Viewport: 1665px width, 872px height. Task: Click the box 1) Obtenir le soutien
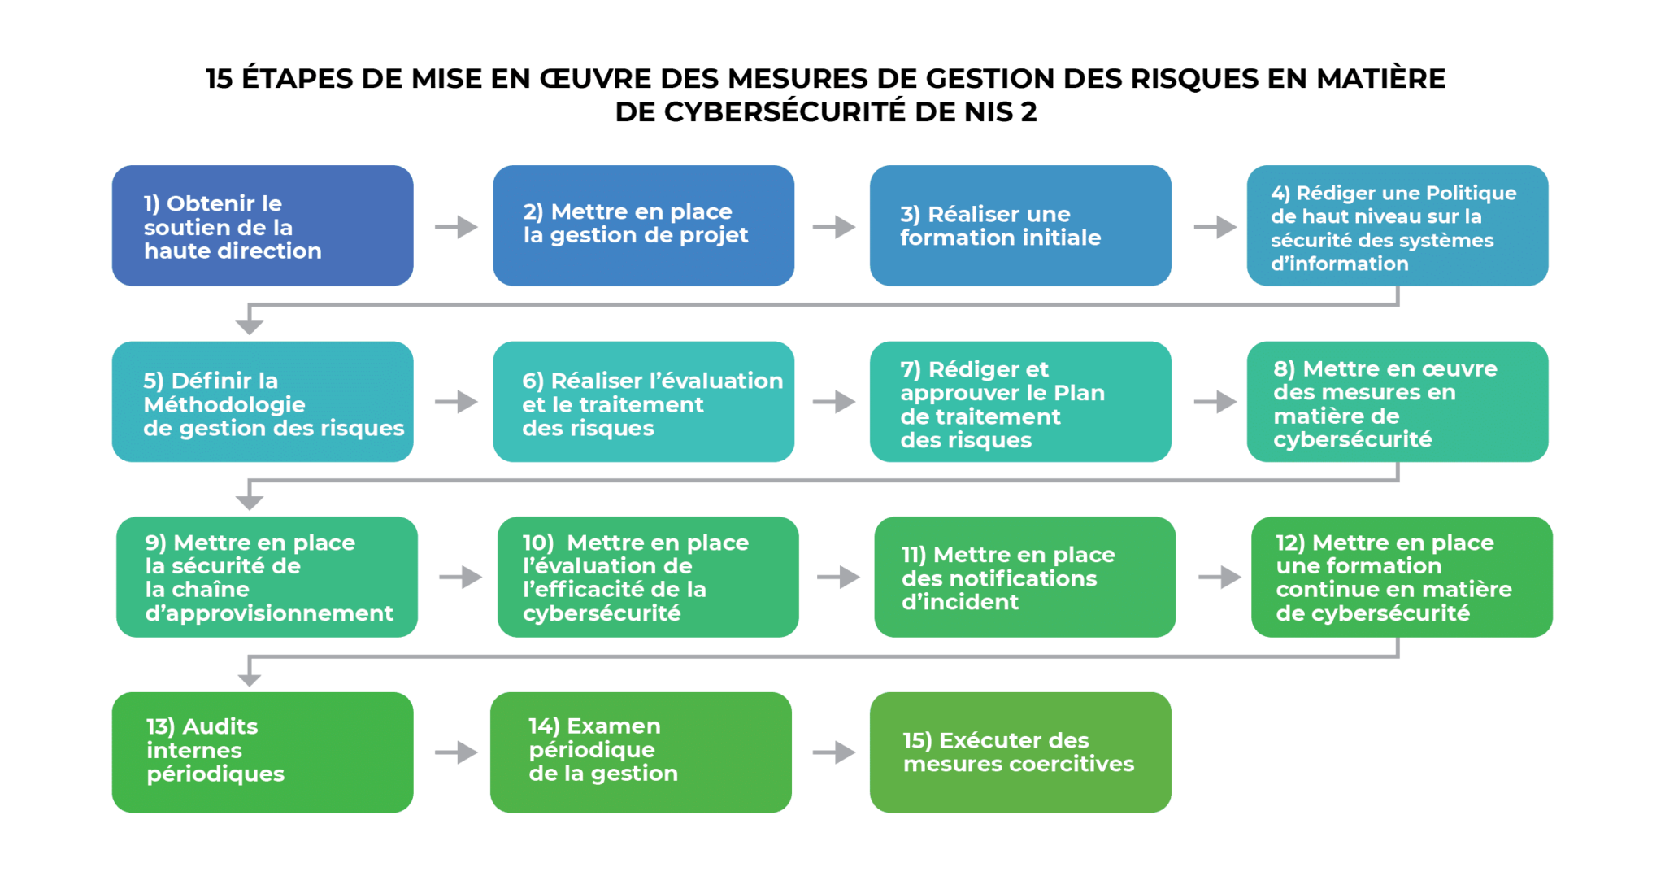click(x=262, y=226)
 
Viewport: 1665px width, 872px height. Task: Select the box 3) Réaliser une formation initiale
click(x=1019, y=226)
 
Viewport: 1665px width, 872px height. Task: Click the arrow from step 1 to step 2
click(x=455, y=227)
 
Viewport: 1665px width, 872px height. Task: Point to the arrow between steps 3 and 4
click(x=1215, y=227)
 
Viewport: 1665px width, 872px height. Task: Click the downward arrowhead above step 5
click(x=250, y=325)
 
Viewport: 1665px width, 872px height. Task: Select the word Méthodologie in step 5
click(x=224, y=404)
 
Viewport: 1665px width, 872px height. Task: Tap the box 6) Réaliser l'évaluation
click(x=643, y=402)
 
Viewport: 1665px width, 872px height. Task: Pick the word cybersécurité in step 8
click(x=1352, y=439)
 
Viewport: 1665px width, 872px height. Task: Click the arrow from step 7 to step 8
click(x=1215, y=402)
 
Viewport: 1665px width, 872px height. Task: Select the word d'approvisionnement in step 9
click(x=269, y=613)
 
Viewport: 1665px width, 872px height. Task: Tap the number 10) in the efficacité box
click(x=538, y=543)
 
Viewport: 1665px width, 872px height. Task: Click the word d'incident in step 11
click(x=959, y=602)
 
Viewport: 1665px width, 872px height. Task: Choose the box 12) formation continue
click(x=1402, y=577)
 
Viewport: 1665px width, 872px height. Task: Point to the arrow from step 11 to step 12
click(x=1219, y=578)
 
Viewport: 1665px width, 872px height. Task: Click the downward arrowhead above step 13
click(x=250, y=678)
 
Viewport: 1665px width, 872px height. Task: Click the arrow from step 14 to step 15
click(x=833, y=752)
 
